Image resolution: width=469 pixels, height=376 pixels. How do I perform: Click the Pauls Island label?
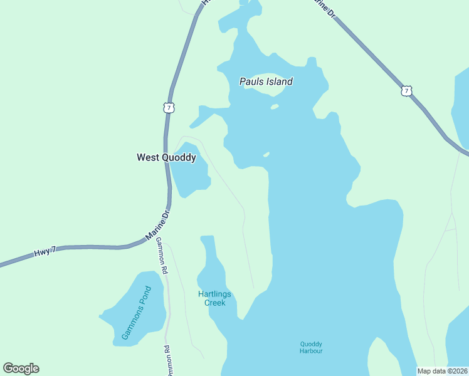(266, 81)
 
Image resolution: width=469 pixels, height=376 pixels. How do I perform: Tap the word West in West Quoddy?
(149, 158)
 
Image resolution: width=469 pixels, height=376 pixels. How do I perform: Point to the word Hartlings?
(214, 295)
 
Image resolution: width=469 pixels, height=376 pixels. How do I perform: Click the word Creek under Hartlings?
(215, 303)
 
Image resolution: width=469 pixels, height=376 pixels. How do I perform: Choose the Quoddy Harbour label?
(311, 347)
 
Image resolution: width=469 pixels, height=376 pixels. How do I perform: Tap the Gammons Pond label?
(137, 313)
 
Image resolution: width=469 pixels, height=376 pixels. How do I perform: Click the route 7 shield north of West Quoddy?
(169, 108)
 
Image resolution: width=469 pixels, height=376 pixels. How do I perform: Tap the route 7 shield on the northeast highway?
(408, 91)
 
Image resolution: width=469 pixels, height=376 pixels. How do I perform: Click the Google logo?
(21, 368)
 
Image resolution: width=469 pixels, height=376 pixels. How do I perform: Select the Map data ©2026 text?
(443, 371)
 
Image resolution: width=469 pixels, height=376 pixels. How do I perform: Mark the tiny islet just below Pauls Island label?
(274, 107)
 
